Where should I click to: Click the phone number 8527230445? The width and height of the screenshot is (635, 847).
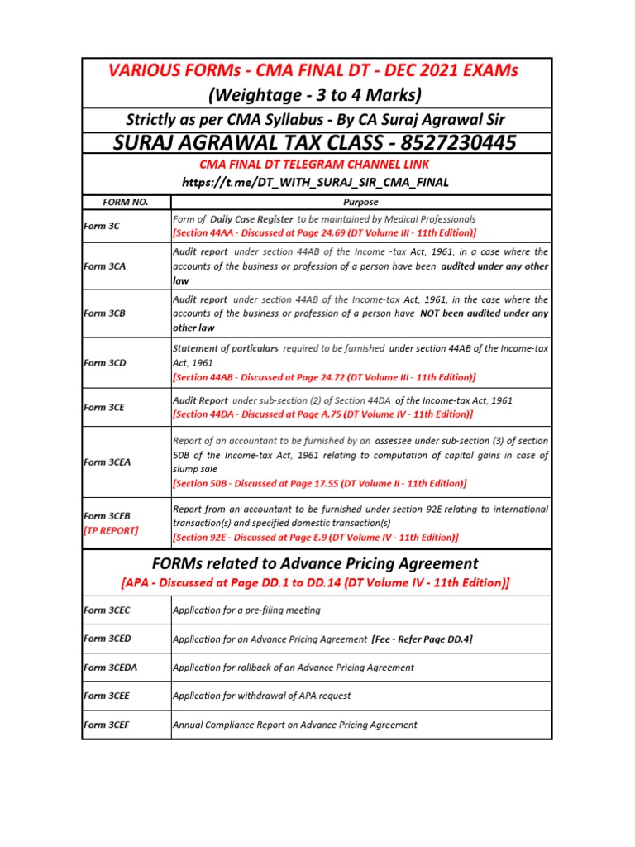click(446, 143)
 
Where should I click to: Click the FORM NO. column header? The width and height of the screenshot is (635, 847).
click(125, 202)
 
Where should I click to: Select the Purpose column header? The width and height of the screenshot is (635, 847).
click(360, 202)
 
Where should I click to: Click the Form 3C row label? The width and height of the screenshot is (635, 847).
click(102, 226)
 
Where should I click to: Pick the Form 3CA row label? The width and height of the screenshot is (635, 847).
click(104, 266)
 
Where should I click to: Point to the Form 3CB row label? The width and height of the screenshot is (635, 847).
click(104, 313)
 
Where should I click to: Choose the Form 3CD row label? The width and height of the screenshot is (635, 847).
click(104, 362)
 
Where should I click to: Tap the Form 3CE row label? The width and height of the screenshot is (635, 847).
click(104, 407)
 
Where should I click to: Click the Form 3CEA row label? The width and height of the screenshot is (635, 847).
click(107, 462)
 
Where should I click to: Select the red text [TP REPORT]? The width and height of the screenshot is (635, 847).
click(111, 530)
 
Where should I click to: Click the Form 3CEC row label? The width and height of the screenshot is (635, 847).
click(107, 610)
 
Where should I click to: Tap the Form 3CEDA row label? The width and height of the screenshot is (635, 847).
click(110, 667)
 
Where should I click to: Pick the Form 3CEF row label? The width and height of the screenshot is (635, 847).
click(107, 725)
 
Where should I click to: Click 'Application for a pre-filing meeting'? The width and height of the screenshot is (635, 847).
click(246, 610)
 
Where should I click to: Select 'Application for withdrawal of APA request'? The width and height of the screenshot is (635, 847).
click(262, 696)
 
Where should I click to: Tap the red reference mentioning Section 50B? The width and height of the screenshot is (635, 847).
click(319, 482)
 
